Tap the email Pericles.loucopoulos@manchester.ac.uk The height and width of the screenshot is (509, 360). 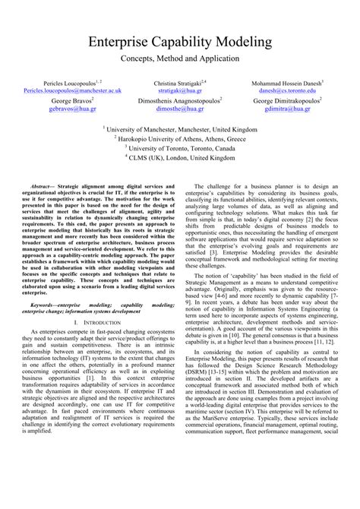[73, 90]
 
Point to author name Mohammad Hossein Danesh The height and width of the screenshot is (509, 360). [285, 81]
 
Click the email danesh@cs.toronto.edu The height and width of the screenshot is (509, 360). [286, 90]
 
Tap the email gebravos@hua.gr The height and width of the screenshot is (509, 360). [73, 109]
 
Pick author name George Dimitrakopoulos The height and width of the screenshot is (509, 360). [286, 100]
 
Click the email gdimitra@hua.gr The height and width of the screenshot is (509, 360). [286, 109]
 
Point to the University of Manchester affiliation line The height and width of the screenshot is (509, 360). [179, 129]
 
